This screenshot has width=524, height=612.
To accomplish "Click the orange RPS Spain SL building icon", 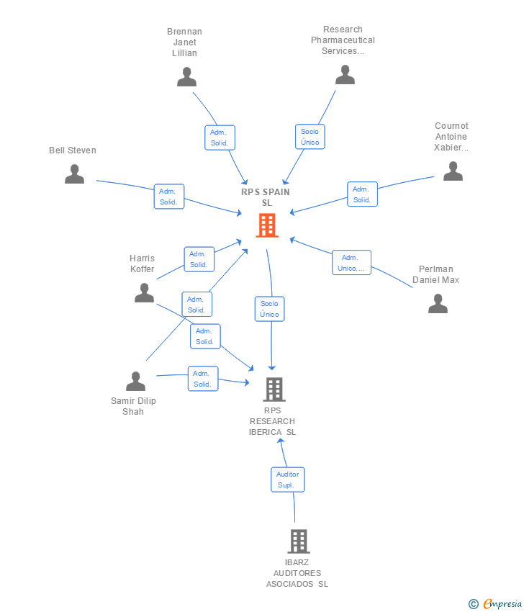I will coord(267,226).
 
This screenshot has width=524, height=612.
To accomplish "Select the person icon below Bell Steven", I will coord(74,174).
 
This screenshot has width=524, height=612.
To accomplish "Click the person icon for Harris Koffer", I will coord(144,292).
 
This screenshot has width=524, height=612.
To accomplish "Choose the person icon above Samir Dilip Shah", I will coord(135,381).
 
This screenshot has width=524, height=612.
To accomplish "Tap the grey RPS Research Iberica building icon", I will coord(274,390).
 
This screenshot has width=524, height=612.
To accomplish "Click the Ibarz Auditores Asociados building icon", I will coord(298,541).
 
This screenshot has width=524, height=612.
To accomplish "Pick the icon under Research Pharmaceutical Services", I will coord(345,74).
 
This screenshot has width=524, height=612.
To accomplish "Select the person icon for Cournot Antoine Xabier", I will coord(452,171).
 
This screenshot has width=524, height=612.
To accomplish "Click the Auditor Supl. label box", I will coord(288,480).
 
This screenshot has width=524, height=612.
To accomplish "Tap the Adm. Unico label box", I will coord(352,263).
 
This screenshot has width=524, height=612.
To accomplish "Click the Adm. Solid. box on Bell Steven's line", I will coord(169,197).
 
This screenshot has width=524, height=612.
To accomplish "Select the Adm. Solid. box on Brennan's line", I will coord(220,138).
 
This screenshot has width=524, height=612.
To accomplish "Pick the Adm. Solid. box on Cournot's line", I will coord(362,194).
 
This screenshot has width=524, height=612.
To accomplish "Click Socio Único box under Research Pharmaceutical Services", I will coord(310,137).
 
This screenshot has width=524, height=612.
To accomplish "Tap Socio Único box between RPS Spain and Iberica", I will coord(269,309).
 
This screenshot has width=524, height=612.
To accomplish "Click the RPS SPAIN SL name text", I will coord(266,197).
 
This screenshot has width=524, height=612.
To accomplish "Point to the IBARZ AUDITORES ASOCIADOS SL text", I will coord(297,573).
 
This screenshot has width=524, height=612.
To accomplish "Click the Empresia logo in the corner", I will coord(496,604).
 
